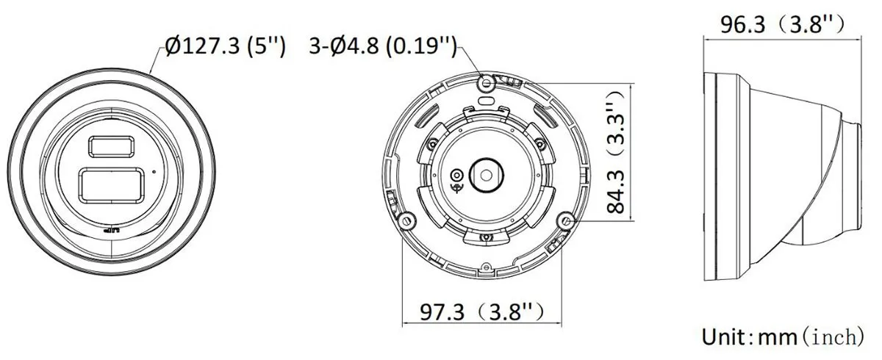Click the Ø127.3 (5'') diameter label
pyautogui.click(x=225, y=46)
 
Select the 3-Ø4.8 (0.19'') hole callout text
pyautogui.click(x=383, y=46)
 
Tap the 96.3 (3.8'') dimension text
pyautogui.click(x=782, y=24)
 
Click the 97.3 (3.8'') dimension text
pyautogui.click(x=482, y=312)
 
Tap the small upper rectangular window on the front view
pyautogui.click(x=111, y=147)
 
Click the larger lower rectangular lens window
pyautogui.click(x=112, y=185)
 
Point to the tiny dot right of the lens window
pyautogui.click(x=154, y=171)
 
